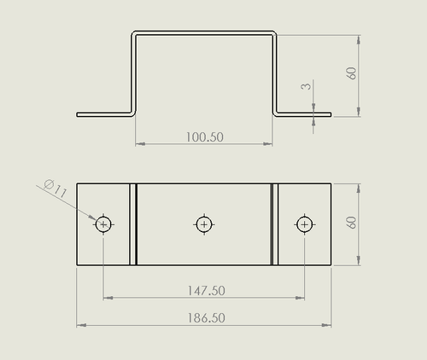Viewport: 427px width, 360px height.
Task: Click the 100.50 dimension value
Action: (x=205, y=137)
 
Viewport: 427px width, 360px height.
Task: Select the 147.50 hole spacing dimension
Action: (x=207, y=291)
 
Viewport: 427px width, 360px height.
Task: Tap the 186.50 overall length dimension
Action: (x=207, y=317)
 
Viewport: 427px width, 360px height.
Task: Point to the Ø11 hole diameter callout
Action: (x=56, y=189)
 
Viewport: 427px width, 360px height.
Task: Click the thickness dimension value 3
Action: (x=306, y=86)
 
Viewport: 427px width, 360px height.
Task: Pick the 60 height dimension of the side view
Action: (x=352, y=73)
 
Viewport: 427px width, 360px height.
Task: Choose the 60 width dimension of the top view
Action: (x=352, y=223)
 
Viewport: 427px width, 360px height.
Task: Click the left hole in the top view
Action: (x=103, y=224)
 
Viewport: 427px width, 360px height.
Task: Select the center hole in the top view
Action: (x=204, y=224)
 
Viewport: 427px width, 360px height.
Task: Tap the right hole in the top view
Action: (x=305, y=224)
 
